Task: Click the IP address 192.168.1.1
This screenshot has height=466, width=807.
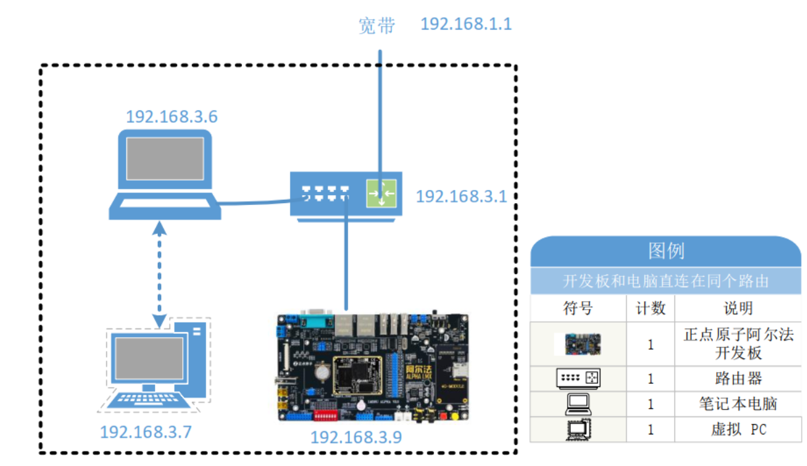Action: click(x=466, y=24)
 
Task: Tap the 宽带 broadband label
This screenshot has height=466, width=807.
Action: click(x=377, y=26)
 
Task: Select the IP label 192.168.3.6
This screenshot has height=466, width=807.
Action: click(x=172, y=117)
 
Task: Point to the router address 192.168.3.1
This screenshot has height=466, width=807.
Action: click(x=461, y=197)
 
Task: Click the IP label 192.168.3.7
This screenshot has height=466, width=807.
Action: click(x=145, y=432)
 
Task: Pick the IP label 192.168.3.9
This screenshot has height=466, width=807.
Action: click(x=356, y=437)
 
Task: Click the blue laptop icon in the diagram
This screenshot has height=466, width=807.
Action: click(x=164, y=174)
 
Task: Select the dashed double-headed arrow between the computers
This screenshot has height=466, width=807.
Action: click(x=159, y=273)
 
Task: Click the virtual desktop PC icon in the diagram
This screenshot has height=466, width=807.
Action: click(x=155, y=365)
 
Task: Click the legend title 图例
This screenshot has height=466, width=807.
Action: click(x=666, y=251)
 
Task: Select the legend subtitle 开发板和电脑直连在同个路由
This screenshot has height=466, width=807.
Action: click(x=666, y=281)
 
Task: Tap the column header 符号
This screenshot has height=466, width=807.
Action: click(x=578, y=308)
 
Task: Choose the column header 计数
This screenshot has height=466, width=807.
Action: click(x=650, y=308)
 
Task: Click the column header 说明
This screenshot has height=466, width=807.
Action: click(x=738, y=308)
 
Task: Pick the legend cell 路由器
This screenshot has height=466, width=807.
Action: click(x=738, y=379)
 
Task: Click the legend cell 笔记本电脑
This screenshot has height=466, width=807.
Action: click(x=738, y=403)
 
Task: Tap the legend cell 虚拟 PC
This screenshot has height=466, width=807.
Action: click(x=738, y=429)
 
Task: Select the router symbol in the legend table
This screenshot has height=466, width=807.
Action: click(x=578, y=379)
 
